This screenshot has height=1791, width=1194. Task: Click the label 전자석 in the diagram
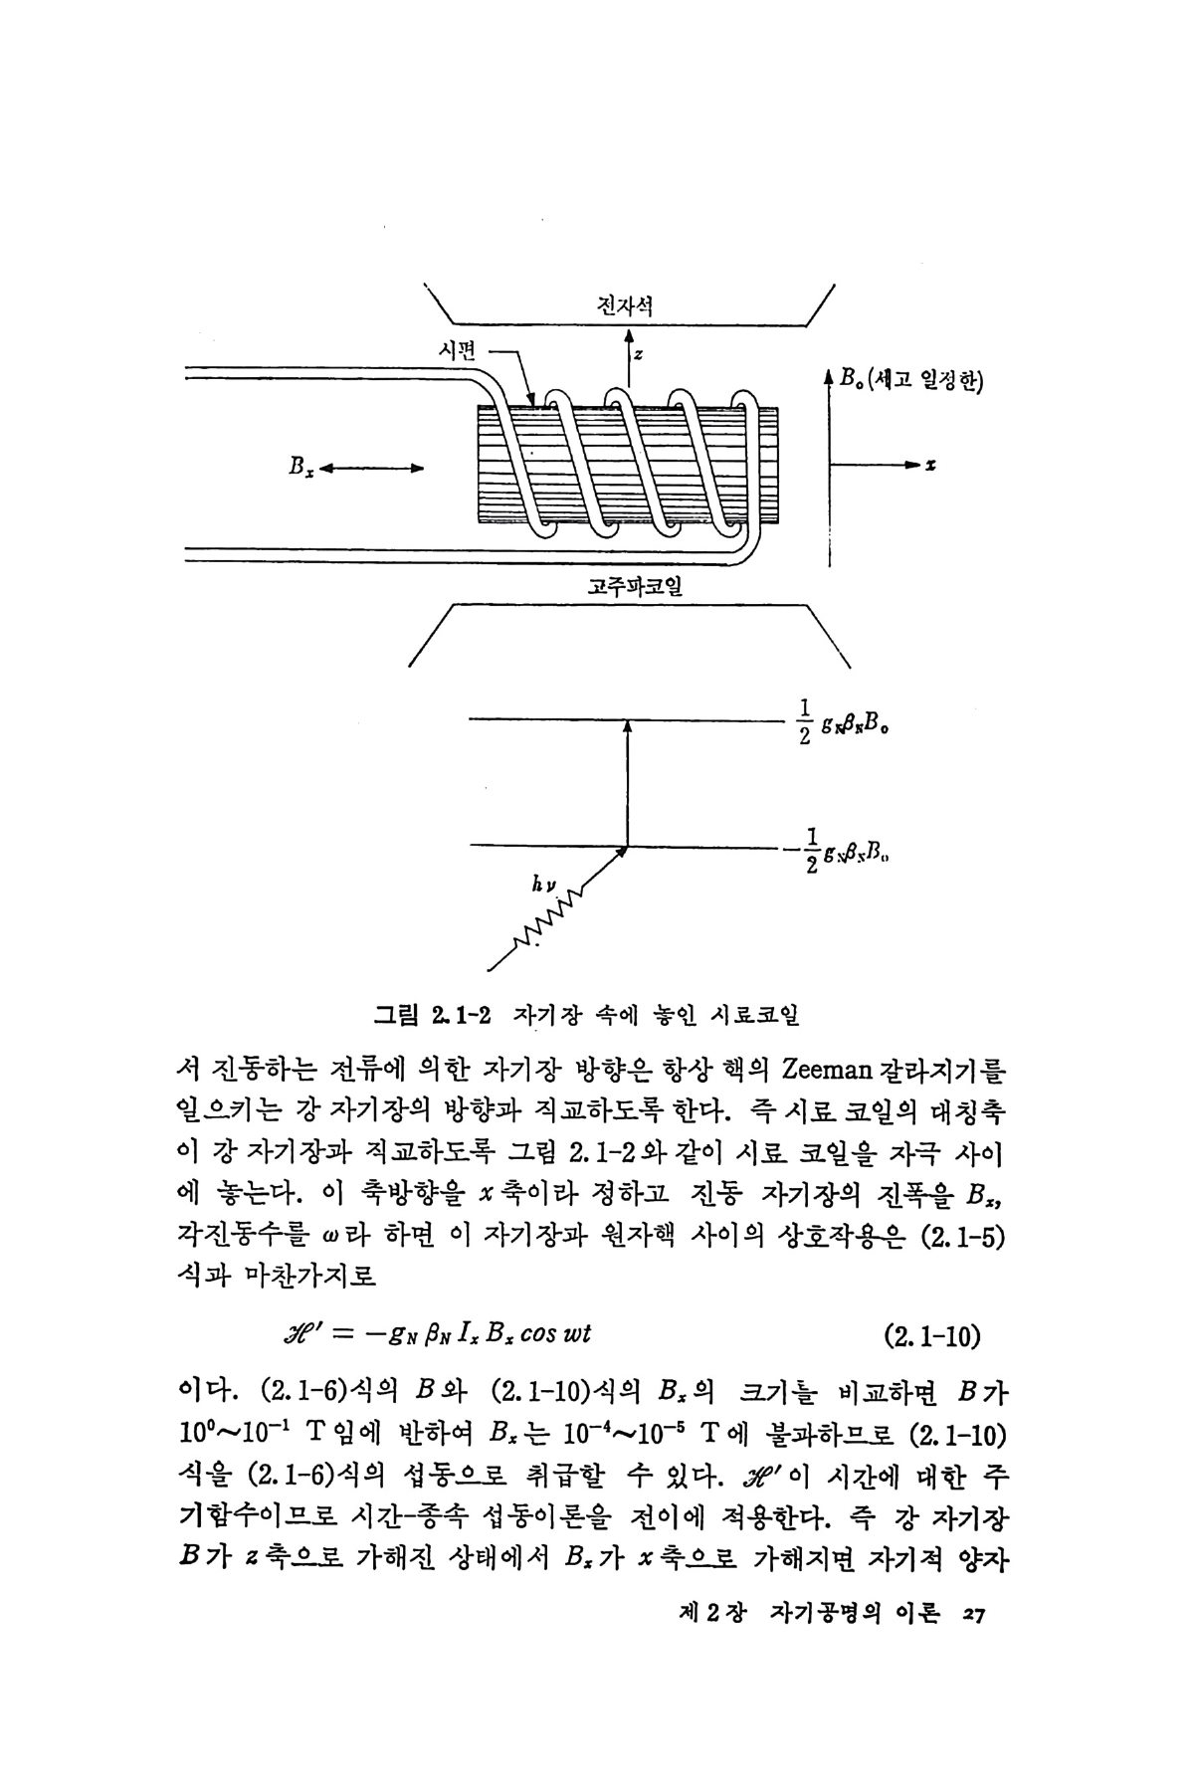(625, 305)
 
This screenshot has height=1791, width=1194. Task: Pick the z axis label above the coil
(638, 353)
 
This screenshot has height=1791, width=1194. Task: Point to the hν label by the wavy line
(544, 882)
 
